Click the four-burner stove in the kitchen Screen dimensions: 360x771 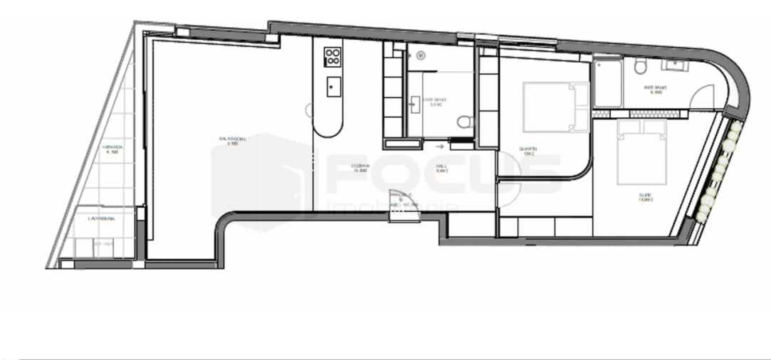(x=332, y=56)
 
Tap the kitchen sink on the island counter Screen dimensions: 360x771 (x=332, y=87)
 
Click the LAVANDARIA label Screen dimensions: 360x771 (x=100, y=218)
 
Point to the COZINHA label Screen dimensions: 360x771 (x=361, y=169)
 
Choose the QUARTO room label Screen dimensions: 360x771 (x=528, y=151)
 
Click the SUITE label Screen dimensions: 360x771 (x=646, y=198)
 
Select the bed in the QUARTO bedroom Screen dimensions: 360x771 (x=556, y=107)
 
